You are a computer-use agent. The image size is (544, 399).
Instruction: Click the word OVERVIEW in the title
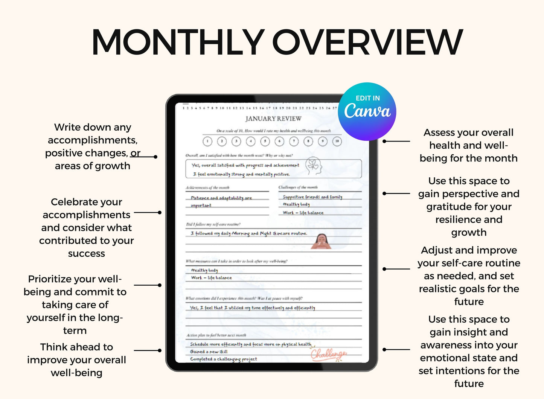coord(367,42)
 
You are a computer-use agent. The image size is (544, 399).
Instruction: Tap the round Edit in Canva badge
coord(367,111)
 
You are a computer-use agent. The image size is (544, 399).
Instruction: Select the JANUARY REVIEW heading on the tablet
coord(273,119)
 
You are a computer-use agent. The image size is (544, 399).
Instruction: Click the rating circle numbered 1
coord(207,142)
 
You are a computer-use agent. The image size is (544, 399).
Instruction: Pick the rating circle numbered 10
coord(337,142)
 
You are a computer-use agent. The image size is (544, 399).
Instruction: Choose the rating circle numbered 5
coord(265,142)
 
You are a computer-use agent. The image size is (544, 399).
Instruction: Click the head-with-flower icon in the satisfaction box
coord(313,166)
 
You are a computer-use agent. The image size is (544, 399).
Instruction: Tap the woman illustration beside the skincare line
coord(321,241)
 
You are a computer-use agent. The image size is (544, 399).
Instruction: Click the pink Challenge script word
coord(328,354)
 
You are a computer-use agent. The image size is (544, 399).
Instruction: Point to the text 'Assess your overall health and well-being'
coord(469,145)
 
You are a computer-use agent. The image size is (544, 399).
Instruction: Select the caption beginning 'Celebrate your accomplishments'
coord(87,227)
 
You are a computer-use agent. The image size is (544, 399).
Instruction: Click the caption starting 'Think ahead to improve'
coord(76,359)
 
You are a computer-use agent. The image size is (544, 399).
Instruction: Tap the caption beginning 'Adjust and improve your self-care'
coord(469,276)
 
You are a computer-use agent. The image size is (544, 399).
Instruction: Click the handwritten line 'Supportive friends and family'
coord(312,197)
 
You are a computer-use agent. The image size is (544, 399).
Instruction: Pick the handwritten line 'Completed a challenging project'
coord(224,359)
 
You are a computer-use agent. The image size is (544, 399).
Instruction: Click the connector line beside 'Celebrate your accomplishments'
coord(147,213)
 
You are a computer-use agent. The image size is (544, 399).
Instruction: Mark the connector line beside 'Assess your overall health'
coord(397,142)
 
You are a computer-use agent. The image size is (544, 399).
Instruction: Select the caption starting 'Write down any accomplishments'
coord(93,146)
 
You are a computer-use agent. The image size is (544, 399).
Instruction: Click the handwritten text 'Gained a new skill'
coord(209,352)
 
